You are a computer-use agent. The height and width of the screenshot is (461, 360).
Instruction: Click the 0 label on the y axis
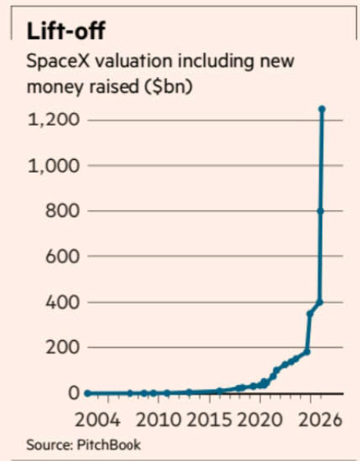coord(72,394)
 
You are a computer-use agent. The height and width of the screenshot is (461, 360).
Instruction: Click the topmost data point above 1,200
coord(322,109)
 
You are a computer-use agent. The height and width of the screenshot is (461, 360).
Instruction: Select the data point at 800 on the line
coord(321,211)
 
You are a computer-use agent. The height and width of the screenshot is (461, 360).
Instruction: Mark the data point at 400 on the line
coord(320,302)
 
